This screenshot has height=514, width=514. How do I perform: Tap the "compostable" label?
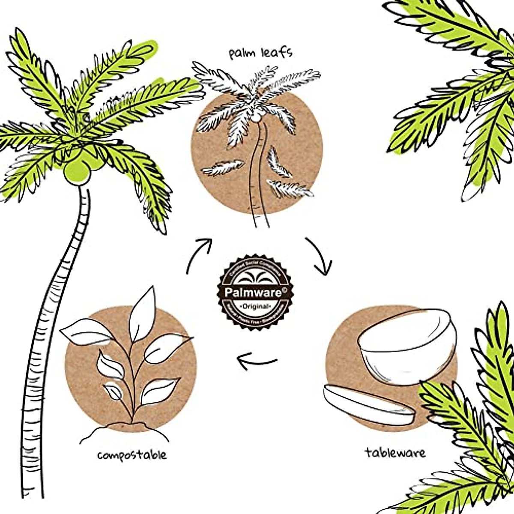point(131,454)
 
